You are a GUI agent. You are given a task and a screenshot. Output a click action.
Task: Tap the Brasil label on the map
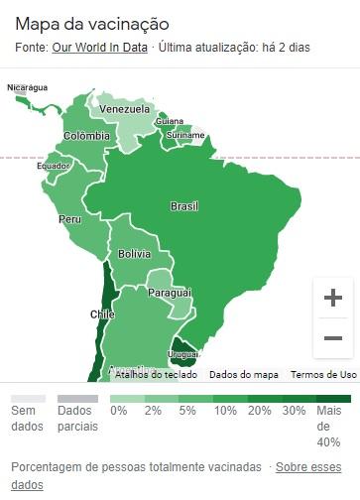[x=184, y=206]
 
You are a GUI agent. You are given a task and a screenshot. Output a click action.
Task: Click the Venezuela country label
[x=125, y=108]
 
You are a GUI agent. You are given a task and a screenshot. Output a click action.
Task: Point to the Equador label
[x=54, y=166]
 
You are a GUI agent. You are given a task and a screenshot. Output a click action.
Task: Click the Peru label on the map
[x=70, y=218]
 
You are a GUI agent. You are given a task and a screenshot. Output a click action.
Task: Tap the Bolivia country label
[x=134, y=254]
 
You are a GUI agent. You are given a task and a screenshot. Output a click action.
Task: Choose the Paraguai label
[x=170, y=293]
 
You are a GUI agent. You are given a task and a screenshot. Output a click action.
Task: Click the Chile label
[x=102, y=314]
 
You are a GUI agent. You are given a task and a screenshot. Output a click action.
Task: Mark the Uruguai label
[x=184, y=354]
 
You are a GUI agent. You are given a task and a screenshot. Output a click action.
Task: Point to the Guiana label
[x=170, y=121]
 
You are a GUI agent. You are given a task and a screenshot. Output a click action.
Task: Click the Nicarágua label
[x=28, y=87]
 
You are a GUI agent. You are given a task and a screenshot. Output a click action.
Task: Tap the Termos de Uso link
[x=323, y=375]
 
